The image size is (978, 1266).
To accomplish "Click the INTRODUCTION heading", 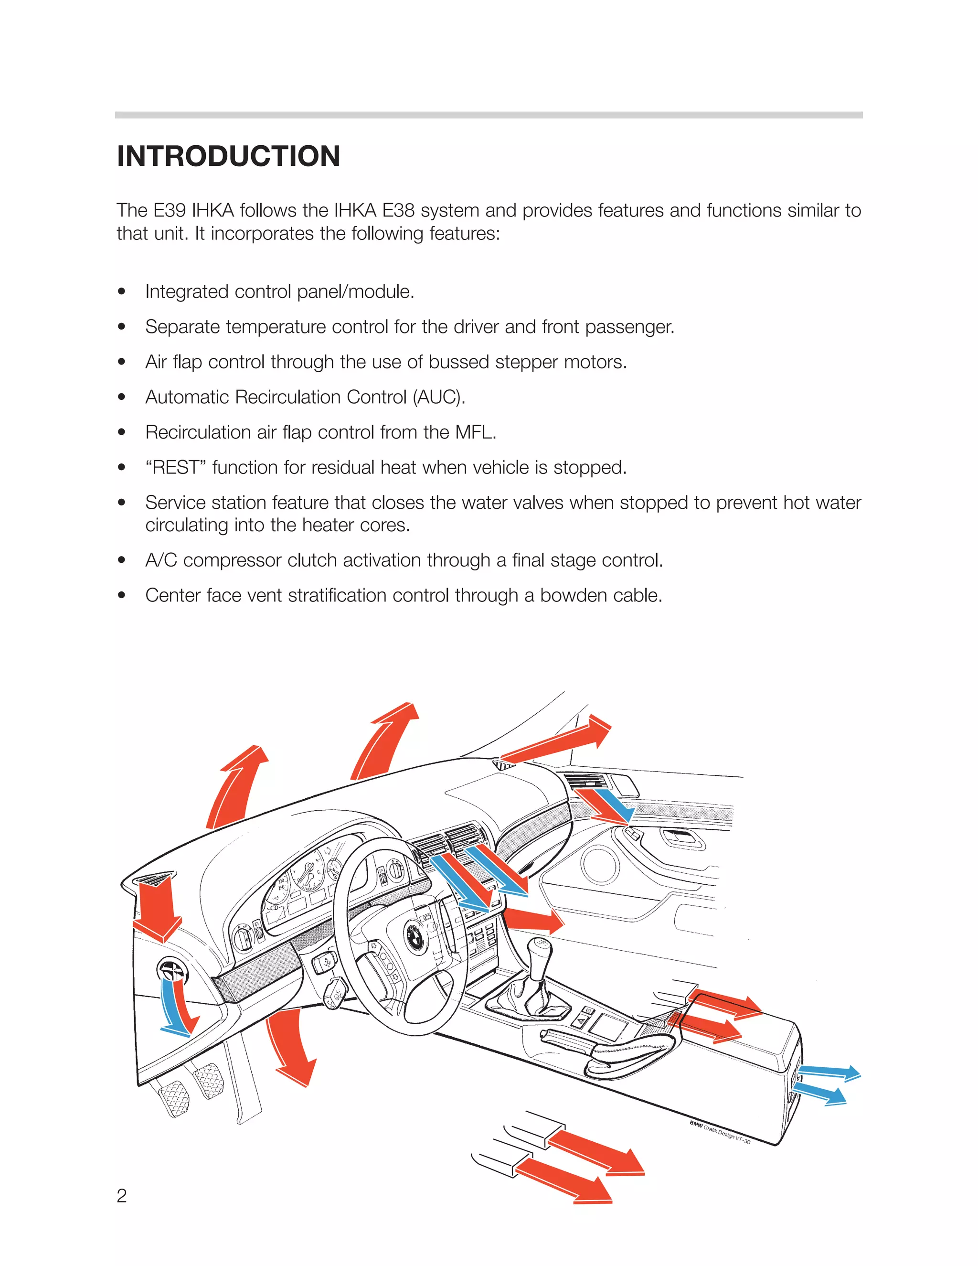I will click(228, 157).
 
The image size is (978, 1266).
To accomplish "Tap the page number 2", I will click(122, 1195).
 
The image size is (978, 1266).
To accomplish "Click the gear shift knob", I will click(541, 949).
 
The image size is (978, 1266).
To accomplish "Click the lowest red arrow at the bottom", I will click(565, 1182).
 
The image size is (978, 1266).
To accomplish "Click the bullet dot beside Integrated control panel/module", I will click(121, 291).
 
